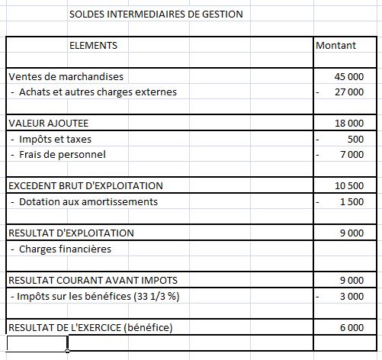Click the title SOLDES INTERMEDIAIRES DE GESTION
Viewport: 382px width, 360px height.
point(156,14)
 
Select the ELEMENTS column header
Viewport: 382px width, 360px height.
point(93,45)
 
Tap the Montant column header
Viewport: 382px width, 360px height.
point(335,45)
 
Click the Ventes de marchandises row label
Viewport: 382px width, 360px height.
point(66,76)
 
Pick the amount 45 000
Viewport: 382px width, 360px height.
point(349,77)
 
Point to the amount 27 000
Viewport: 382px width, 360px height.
point(349,92)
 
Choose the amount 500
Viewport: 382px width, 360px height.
point(355,140)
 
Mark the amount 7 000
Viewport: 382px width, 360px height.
point(352,155)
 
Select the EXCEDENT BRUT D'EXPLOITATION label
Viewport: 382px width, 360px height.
point(85,185)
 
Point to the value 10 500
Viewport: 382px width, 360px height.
point(349,186)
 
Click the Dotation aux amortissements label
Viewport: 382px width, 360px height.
point(88,201)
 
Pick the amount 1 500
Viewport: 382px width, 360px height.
point(352,202)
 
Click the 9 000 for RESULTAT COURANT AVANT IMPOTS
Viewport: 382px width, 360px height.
point(352,281)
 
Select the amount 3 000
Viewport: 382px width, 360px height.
point(352,296)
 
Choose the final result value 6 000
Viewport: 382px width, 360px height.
point(352,328)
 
